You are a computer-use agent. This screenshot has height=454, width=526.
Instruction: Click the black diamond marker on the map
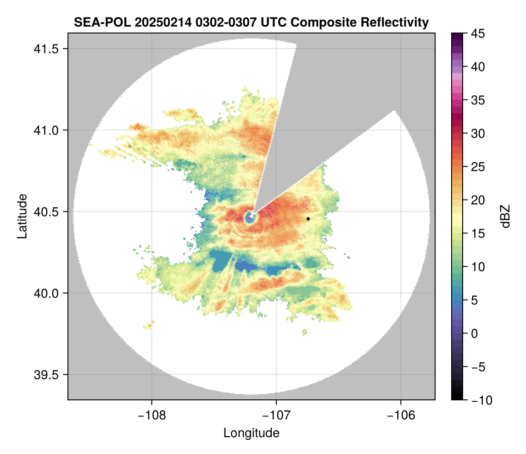point(308,219)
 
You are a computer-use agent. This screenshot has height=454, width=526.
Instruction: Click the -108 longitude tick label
point(151,415)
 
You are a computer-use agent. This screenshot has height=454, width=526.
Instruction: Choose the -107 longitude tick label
point(276,415)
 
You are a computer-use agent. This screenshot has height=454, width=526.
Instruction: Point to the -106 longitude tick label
point(401,415)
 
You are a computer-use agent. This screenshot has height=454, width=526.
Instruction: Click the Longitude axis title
point(252,433)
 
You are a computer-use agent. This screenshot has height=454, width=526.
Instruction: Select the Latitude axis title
point(22,216)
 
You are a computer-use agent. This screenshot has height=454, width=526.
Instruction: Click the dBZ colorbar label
point(505,216)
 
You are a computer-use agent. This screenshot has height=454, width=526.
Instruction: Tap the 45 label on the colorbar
point(478,33)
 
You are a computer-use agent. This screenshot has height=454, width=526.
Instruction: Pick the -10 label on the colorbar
point(480,400)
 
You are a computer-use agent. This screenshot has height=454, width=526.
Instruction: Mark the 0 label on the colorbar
point(475,333)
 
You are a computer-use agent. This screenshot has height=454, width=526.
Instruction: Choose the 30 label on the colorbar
point(478,133)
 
